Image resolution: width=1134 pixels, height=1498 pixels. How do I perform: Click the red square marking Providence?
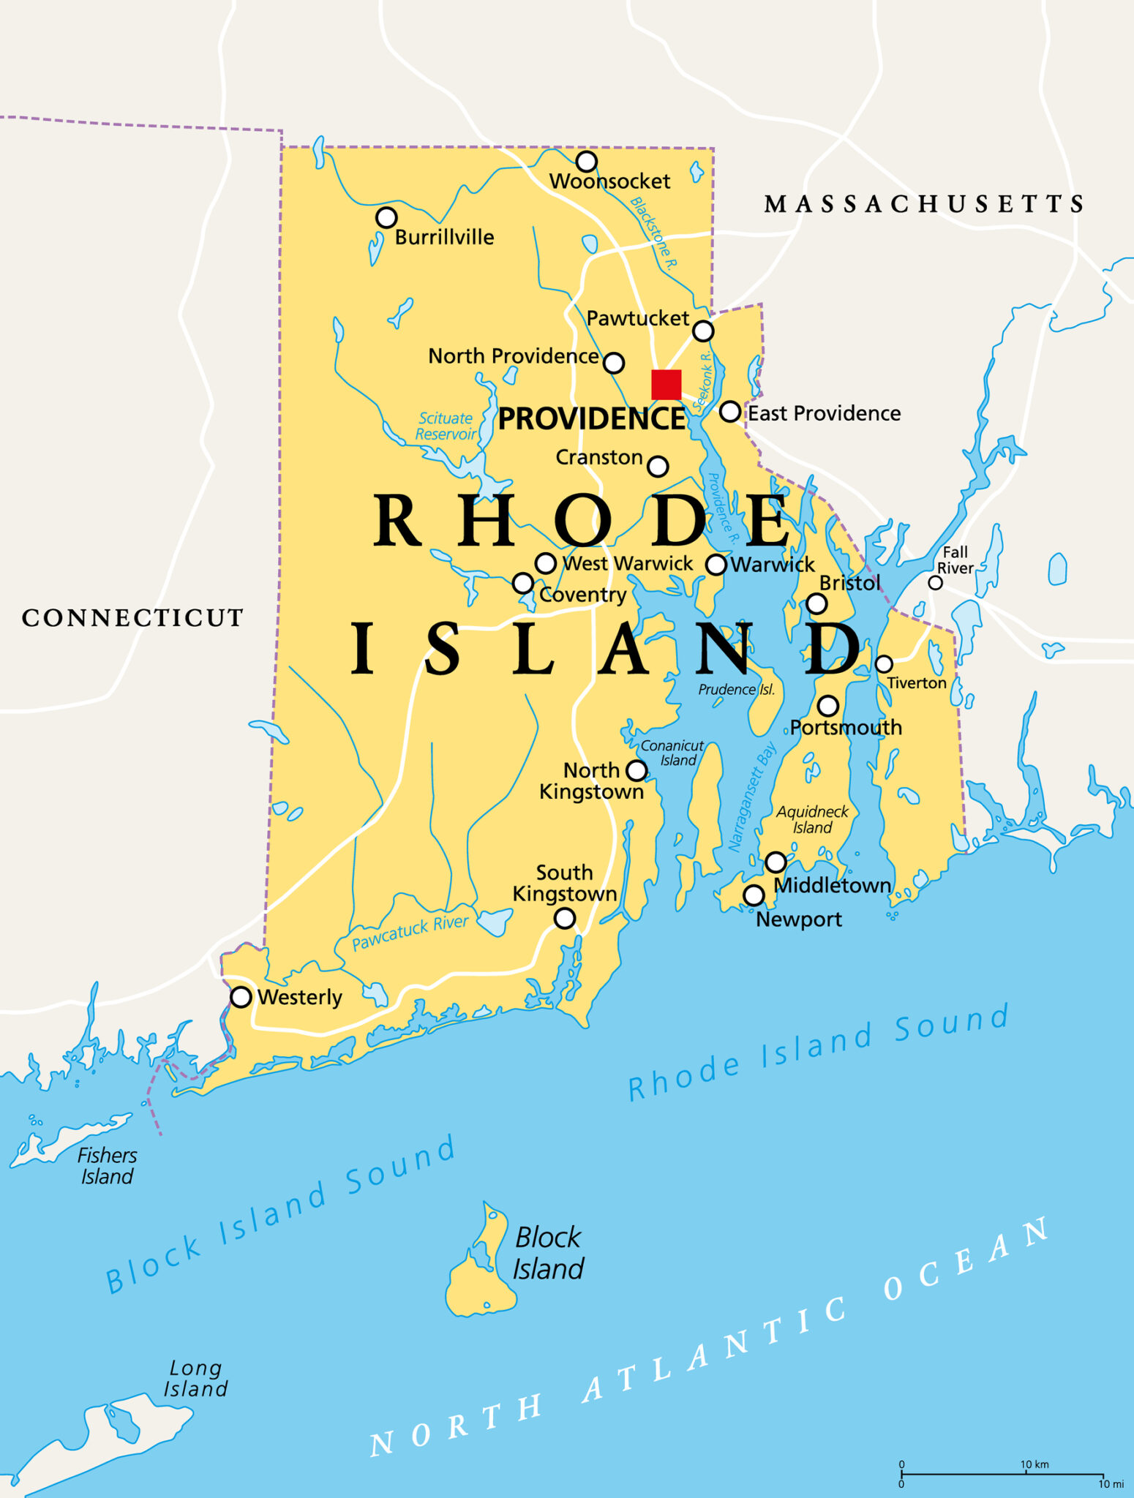point(666,385)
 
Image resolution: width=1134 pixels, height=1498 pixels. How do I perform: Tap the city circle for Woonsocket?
point(587,161)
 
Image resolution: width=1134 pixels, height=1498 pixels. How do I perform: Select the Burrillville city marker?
point(386,217)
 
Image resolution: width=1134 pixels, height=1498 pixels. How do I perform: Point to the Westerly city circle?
point(241,997)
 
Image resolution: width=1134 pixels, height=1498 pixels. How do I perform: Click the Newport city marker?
point(754,895)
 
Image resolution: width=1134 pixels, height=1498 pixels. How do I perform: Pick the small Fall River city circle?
point(935,583)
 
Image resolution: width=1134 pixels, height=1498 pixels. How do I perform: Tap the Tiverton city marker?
point(884,664)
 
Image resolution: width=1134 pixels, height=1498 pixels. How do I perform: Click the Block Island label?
point(548,1253)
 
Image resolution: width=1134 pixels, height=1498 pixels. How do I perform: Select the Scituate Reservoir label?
point(446,426)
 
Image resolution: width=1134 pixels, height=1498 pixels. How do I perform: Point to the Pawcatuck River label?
point(410,933)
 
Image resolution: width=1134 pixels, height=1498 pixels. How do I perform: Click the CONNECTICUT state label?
point(132,618)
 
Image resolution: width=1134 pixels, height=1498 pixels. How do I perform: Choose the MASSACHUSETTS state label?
point(924,204)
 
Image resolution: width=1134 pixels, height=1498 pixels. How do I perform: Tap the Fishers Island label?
point(107,1166)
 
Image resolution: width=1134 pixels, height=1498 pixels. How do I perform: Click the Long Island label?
point(195,1378)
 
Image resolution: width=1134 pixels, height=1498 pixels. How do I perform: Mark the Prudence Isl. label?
point(736,690)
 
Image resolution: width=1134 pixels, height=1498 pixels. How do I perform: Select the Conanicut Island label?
point(673,753)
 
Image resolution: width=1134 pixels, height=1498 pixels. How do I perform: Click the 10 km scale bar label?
point(1035,1464)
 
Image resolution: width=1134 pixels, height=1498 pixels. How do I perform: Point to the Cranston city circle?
point(658,466)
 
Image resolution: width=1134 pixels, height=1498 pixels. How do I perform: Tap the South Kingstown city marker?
point(564,918)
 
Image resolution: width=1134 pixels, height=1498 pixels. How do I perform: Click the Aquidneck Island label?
point(812,819)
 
